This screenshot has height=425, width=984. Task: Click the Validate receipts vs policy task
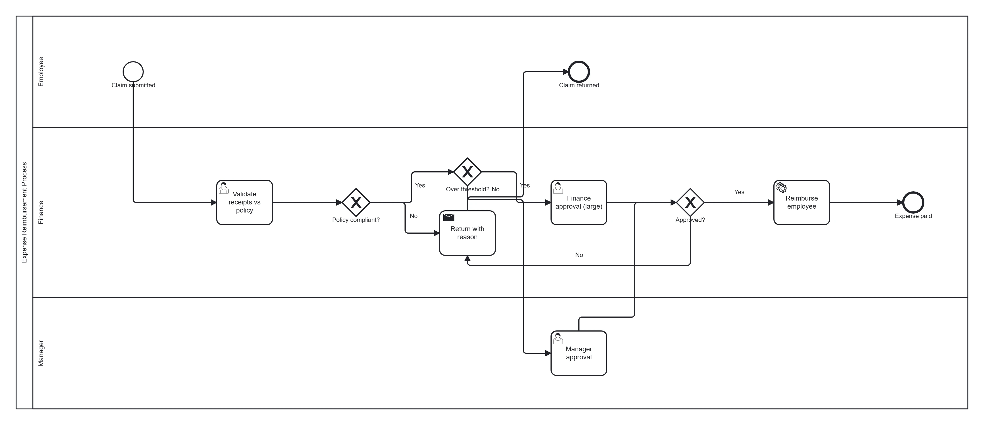[245, 202]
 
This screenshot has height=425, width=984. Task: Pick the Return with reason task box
[467, 233]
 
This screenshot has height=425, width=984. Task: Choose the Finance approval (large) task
[579, 202]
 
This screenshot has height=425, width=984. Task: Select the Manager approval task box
[579, 353]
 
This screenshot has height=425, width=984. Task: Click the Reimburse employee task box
[802, 202]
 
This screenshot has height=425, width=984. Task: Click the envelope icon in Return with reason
[449, 218]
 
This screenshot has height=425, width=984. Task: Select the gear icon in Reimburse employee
[781, 187]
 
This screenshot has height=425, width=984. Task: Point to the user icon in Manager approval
[558, 338]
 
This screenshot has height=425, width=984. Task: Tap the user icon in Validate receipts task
[223, 188]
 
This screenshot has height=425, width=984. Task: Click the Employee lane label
[41, 72]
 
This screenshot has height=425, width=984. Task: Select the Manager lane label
[41, 353]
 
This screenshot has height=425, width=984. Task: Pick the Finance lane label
[41, 212]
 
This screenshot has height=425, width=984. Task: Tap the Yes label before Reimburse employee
[739, 192]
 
